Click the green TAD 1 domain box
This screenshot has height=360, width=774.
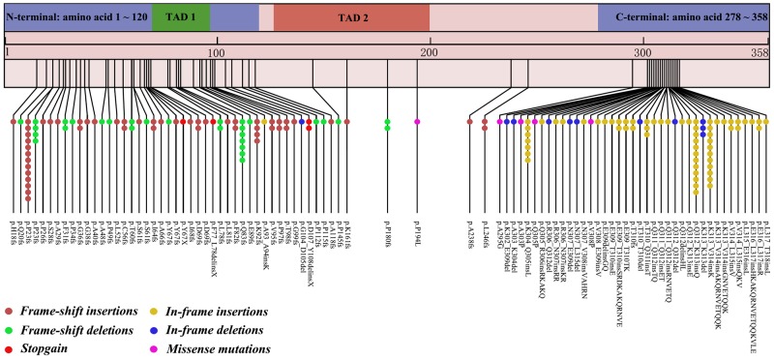180,16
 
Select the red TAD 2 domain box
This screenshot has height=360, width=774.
351,16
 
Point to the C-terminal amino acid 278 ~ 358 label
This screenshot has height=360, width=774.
686,16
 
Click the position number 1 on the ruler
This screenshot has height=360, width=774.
8,50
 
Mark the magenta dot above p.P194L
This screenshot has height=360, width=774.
417,122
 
